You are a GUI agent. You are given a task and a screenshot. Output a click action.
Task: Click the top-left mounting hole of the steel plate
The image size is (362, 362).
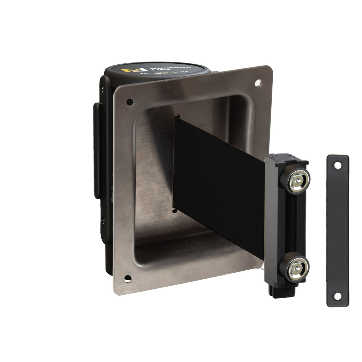130,102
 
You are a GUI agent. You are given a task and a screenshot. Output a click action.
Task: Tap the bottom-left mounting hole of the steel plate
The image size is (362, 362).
128,278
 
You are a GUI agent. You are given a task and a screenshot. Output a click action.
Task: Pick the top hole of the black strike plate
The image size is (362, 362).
338,165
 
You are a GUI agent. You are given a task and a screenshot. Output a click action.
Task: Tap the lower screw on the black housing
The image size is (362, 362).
103,222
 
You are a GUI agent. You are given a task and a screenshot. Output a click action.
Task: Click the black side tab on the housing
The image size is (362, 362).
97,151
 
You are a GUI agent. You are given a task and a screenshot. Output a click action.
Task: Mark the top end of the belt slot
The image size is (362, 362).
177,116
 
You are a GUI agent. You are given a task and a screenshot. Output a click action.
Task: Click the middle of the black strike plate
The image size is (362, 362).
338,231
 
